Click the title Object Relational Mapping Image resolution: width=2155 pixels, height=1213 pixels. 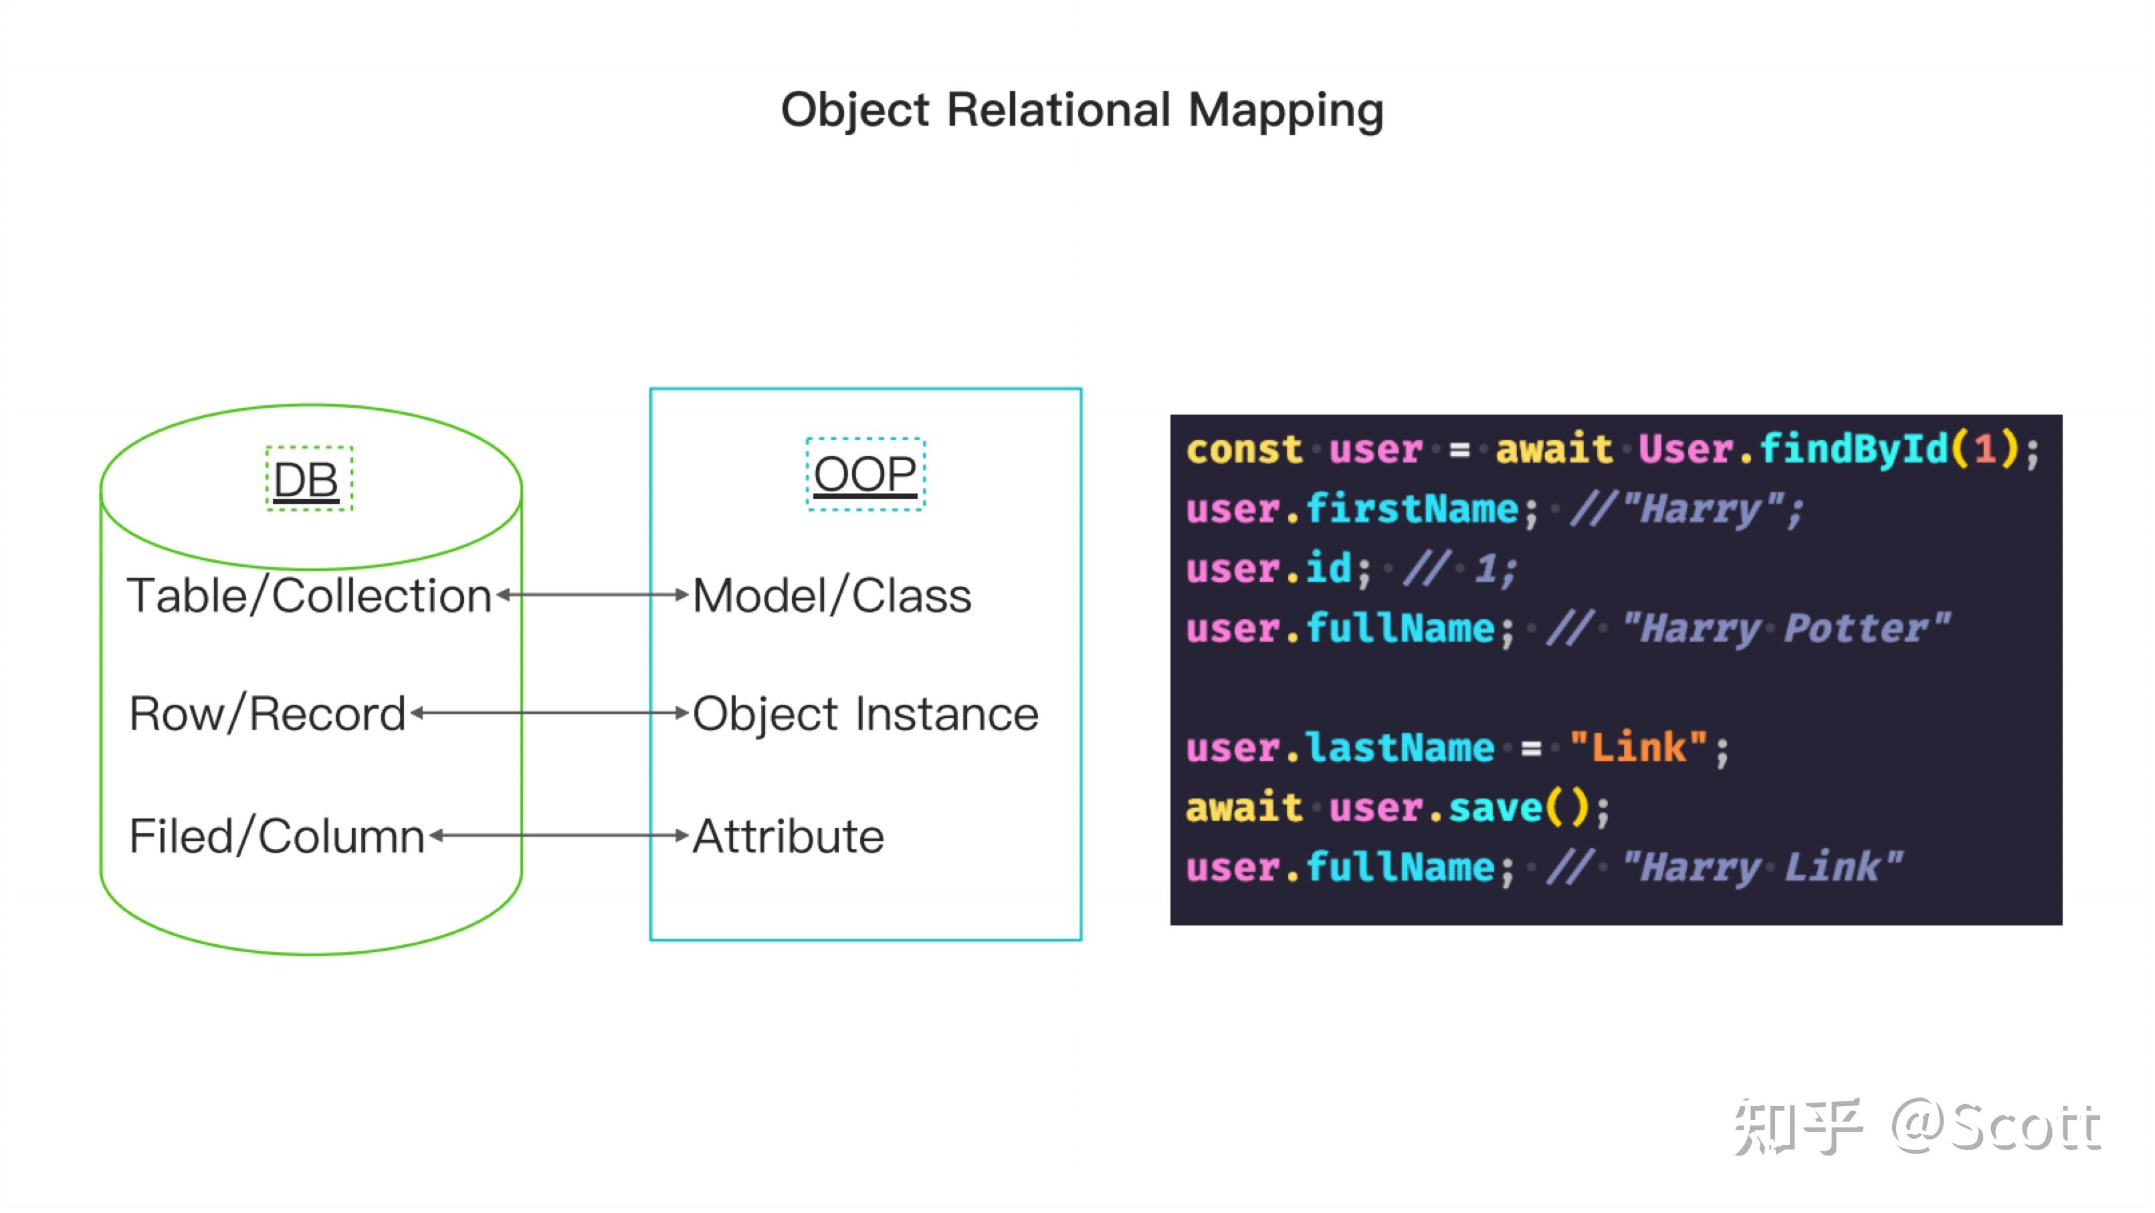coord(1082,110)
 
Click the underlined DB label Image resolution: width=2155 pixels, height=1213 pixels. coord(306,479)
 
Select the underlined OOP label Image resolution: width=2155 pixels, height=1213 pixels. coord(865,474)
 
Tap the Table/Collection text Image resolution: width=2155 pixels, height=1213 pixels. coord(310,596)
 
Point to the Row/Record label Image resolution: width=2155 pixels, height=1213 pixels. coord(268,714)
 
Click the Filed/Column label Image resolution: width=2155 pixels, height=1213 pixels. coord(277,837)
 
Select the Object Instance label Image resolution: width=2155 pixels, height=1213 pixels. coord(865,714)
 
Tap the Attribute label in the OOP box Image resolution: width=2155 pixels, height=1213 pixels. coord(788,837)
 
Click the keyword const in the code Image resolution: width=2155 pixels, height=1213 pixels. coord(1244,449)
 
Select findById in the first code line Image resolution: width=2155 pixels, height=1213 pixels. coord(1853,449)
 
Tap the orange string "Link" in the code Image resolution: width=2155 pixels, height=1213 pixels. coord(1638,747)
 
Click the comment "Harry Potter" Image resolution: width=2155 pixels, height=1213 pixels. coord(1785,629)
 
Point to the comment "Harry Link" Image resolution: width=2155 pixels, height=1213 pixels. coord(1762,867)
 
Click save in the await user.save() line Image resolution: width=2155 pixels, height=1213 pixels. coord(1495,807)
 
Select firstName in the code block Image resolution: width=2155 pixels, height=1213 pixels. coord(1412,509)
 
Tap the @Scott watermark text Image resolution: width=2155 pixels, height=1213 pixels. coord(1996,1127)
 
